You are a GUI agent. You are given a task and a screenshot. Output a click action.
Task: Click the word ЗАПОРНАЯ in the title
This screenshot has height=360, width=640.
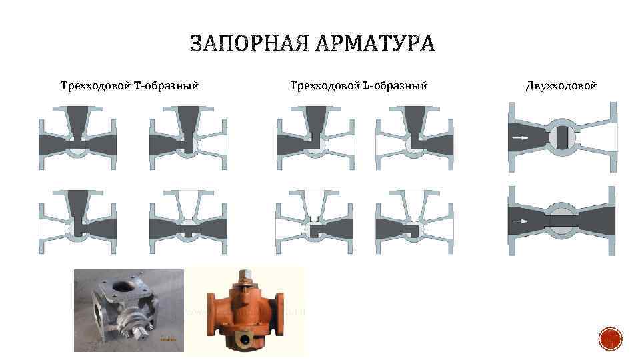(x=241, y=45)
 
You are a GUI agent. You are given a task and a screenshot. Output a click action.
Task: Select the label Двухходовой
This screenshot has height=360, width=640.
(x=561, y=85)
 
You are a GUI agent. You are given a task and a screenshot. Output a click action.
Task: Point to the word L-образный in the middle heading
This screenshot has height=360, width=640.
(x=395, y=85)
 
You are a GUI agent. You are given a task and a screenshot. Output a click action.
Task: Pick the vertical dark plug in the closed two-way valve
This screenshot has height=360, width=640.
(x=563, y=137)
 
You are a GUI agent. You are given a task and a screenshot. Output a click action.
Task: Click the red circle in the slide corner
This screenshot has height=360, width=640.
(x=611, y=339)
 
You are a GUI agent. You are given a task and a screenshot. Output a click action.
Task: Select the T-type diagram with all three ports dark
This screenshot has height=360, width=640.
(x=78, y=137)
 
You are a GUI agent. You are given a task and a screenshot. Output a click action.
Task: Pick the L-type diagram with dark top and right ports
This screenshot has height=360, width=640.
(x=414, y=137)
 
